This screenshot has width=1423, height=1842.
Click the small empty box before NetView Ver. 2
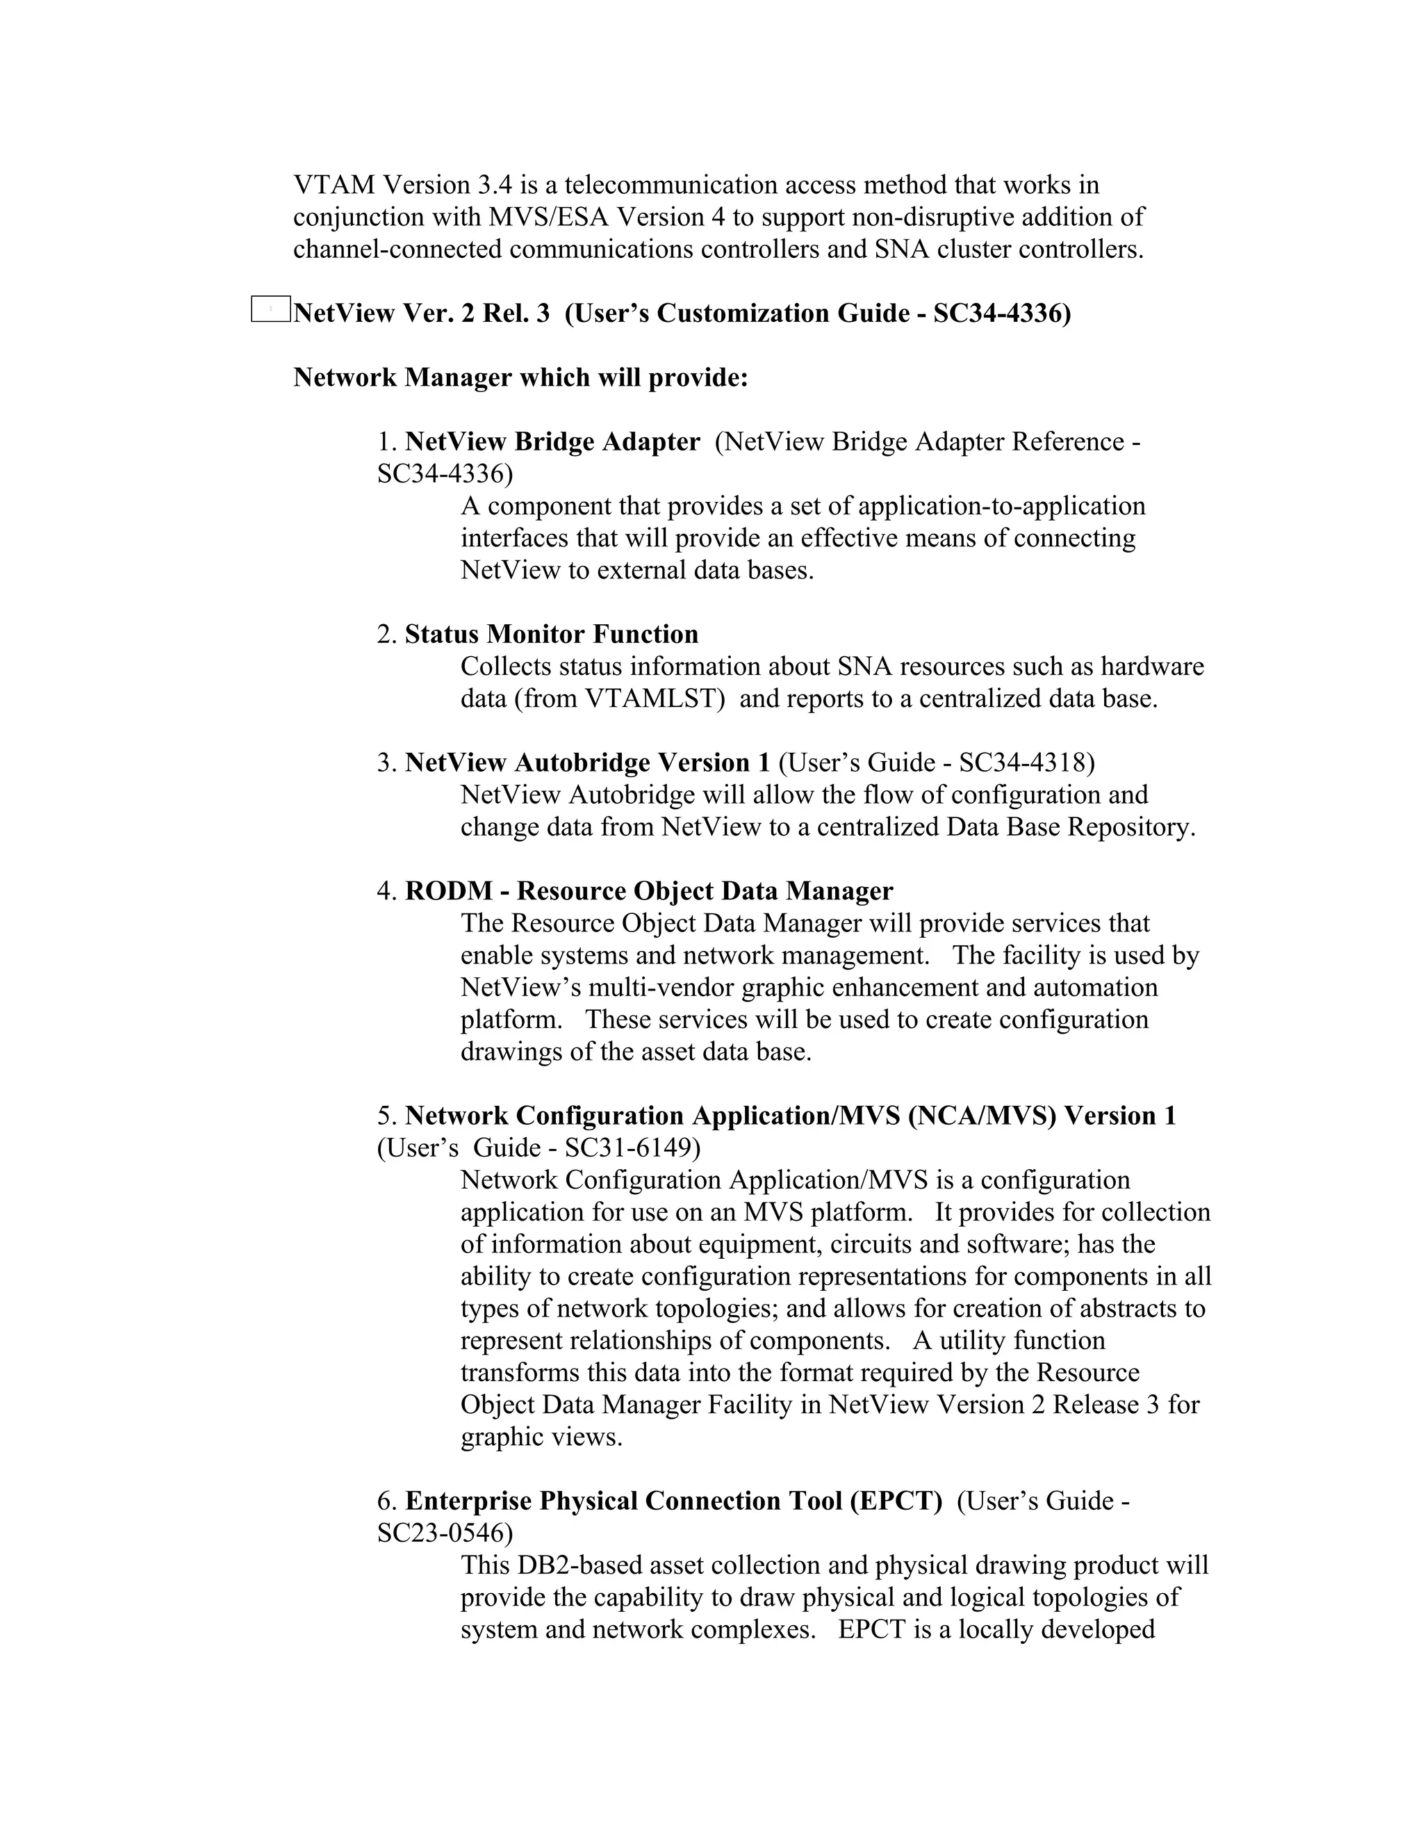coord(270,309)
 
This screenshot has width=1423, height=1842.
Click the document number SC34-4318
coord(1026,763)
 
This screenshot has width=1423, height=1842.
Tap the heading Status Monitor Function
coord(551,634)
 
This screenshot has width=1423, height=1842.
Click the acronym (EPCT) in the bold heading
coord(896,1501)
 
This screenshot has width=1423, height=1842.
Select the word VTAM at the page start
coord(334,185)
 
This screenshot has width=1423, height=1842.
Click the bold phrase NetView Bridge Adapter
coord(552,442)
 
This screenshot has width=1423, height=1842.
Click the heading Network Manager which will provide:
coord(520,377)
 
